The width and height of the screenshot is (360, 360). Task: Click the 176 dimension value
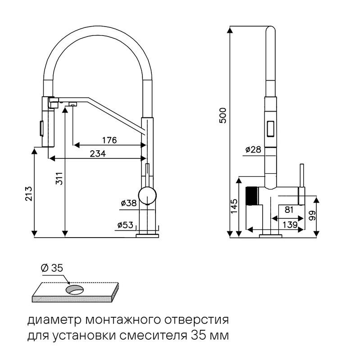pos(109,140)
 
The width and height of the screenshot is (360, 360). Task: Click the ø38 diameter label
pos(128,203)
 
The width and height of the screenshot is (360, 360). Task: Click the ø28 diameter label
pos(253,150)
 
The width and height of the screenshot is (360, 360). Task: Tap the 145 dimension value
pos(233,207)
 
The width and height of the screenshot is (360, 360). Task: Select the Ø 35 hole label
pos(51,268)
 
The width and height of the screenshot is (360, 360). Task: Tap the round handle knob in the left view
pos(147,195)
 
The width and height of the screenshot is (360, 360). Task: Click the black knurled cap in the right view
pos(253,196)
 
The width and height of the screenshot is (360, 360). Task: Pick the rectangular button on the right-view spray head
pos(270,128)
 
